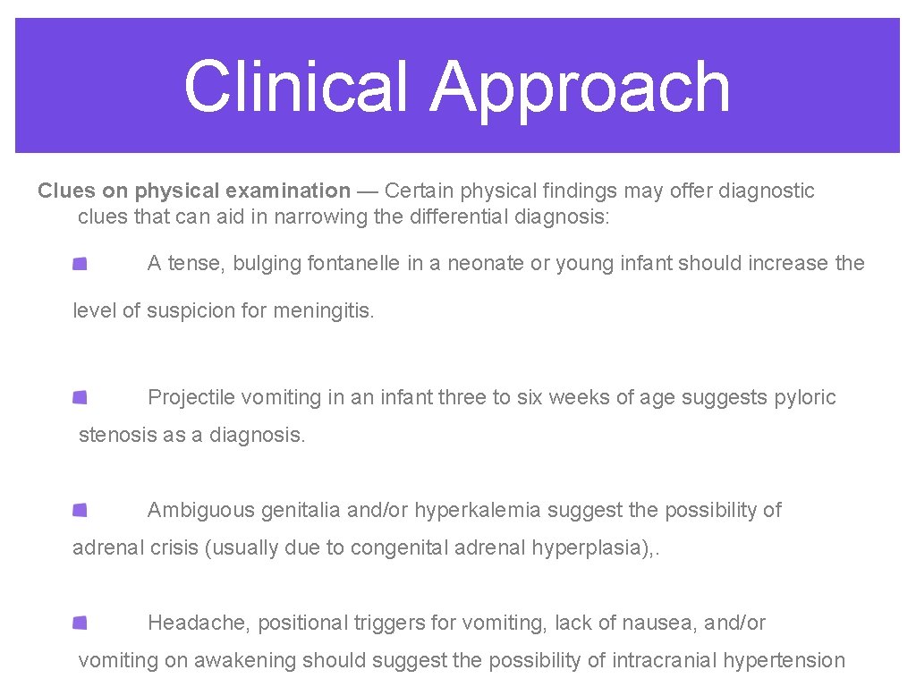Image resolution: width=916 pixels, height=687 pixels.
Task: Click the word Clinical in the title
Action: [296, 87]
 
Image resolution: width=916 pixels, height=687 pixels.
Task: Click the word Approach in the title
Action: [581, 87]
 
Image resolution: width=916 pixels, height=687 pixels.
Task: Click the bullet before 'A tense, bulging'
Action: [81, 263]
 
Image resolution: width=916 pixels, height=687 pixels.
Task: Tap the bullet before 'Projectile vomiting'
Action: [81, 396]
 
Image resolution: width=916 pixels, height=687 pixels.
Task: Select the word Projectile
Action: [190, 397]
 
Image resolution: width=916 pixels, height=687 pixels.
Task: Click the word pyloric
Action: [803, 397]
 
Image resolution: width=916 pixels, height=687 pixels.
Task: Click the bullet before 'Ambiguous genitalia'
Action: [81, 510]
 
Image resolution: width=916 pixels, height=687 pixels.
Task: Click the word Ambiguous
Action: [201, 510]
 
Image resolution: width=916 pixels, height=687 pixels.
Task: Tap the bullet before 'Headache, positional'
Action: [81, 622]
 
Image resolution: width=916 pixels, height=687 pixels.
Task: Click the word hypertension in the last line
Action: [788, 660]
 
